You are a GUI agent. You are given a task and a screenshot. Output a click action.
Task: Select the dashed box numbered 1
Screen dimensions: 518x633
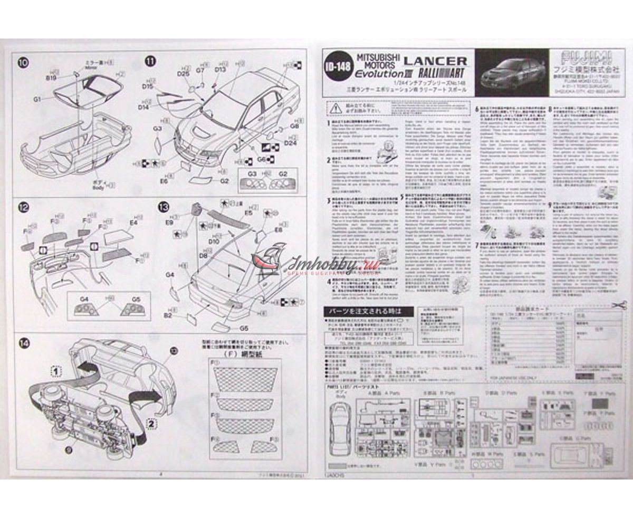[55, 371]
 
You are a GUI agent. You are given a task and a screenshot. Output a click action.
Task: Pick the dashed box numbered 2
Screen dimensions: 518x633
[150, 422]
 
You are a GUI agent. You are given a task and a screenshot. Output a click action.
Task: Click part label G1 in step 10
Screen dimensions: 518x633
[37, 99]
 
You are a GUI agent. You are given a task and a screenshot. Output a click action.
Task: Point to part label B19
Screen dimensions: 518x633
[51, 78]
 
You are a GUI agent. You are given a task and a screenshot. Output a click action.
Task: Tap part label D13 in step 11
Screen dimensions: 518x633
[220, 69]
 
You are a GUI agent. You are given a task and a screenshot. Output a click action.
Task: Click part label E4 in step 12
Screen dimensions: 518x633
[133, 223]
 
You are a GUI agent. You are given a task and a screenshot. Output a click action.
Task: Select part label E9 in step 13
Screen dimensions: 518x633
[169, 223]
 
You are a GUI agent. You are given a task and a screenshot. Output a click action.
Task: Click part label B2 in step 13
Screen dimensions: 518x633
[168, 315]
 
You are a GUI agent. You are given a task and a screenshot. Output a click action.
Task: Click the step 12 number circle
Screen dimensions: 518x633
[24, 207]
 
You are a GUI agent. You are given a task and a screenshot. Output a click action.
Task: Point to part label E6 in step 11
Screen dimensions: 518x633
[164, 181]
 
